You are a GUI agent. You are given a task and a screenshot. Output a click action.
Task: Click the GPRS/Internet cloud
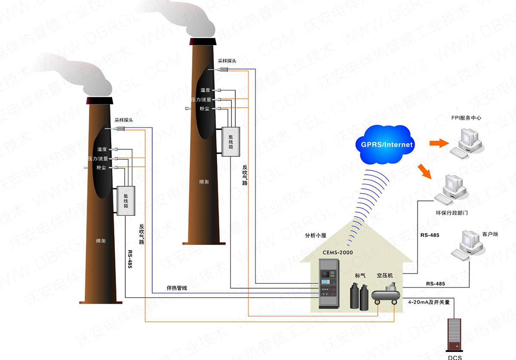[x=384, y=144]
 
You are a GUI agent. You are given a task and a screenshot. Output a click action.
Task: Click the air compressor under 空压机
[x=386, y=296]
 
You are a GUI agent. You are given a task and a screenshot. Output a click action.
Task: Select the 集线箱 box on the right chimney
[x=230, y=141]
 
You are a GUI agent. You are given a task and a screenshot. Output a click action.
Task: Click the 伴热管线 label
[x=177, y=287]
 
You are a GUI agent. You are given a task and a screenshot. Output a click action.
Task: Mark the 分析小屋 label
[x=316, y=235]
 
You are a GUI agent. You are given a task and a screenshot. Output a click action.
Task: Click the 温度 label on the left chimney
[x=102, y=149]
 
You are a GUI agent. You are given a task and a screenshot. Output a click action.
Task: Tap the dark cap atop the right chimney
[x=203, y=41]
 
